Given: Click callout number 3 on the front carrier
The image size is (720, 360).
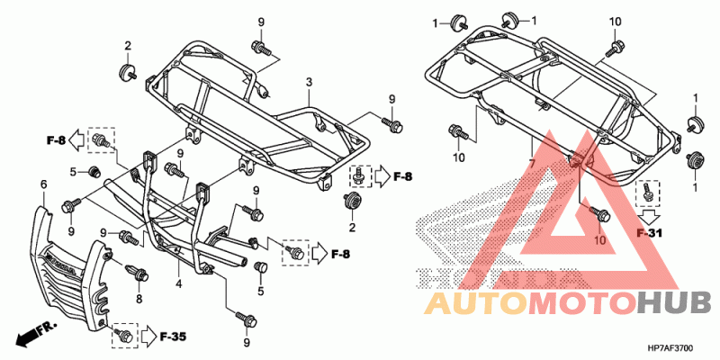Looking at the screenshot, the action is [x=309, y=83].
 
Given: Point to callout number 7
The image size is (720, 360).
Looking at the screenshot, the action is [x=532, y=165].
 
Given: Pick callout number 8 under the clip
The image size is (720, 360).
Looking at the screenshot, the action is [x=139, y=298].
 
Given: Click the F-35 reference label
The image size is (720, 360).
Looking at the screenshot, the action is [x=173, y=337].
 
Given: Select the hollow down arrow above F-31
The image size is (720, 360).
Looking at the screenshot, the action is [x=646, y=215].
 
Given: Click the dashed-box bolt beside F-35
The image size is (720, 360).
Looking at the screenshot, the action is [x=123, y=335].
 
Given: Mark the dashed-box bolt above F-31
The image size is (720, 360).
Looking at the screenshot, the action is [x=645, y=192].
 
